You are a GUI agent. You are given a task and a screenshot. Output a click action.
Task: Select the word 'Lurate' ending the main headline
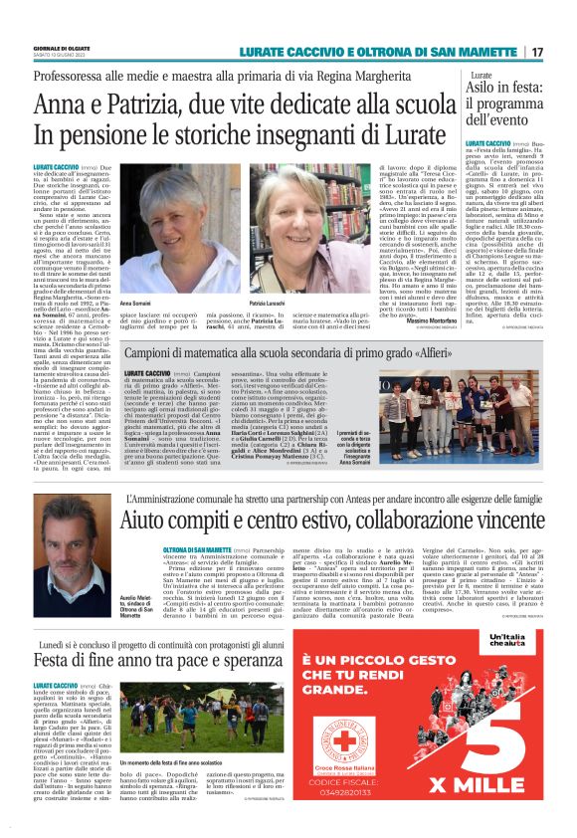click(x=426, y=133)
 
